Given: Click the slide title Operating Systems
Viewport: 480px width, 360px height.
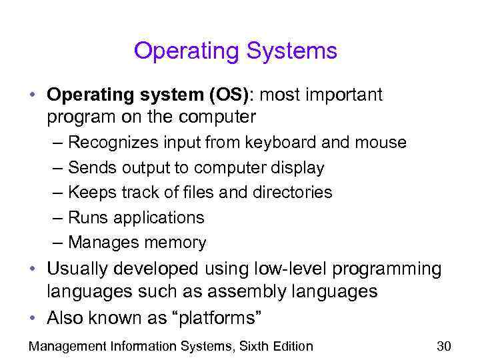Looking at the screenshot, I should pyautogui.click(x=235, y=51).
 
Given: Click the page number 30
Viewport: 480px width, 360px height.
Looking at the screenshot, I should pyautogui.click(x=444, y=346).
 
